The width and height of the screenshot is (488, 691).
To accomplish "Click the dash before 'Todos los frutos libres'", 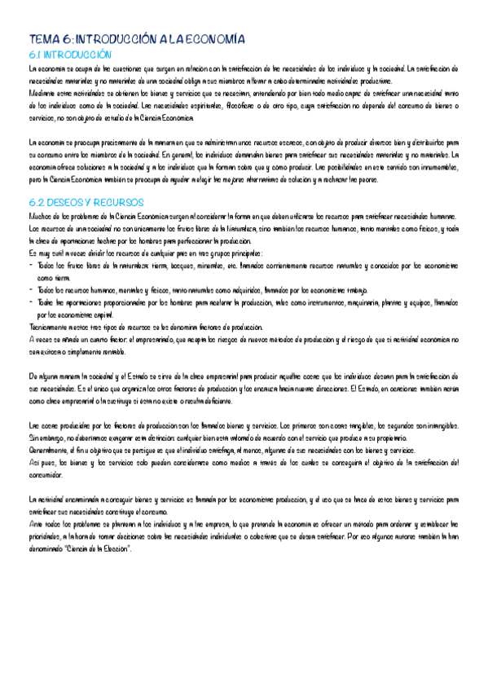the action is pos(31,266).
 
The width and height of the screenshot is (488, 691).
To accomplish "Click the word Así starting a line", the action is pos(33,462).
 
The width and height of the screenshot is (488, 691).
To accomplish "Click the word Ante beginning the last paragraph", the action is pos(36,514).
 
